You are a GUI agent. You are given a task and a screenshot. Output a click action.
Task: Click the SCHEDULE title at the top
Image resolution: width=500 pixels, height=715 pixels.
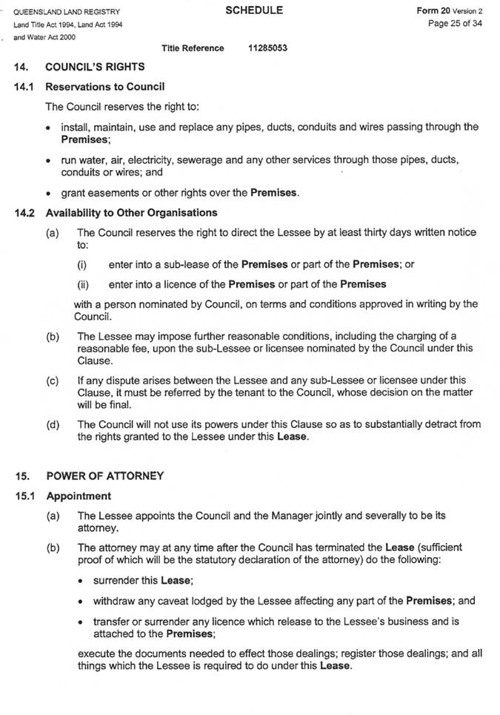254,10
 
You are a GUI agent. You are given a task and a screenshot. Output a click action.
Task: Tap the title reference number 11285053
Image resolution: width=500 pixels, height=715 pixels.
268,48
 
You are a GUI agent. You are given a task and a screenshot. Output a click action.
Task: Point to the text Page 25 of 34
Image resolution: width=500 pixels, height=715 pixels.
455,24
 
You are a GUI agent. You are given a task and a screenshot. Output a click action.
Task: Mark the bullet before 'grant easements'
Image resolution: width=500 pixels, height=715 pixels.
50,194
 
